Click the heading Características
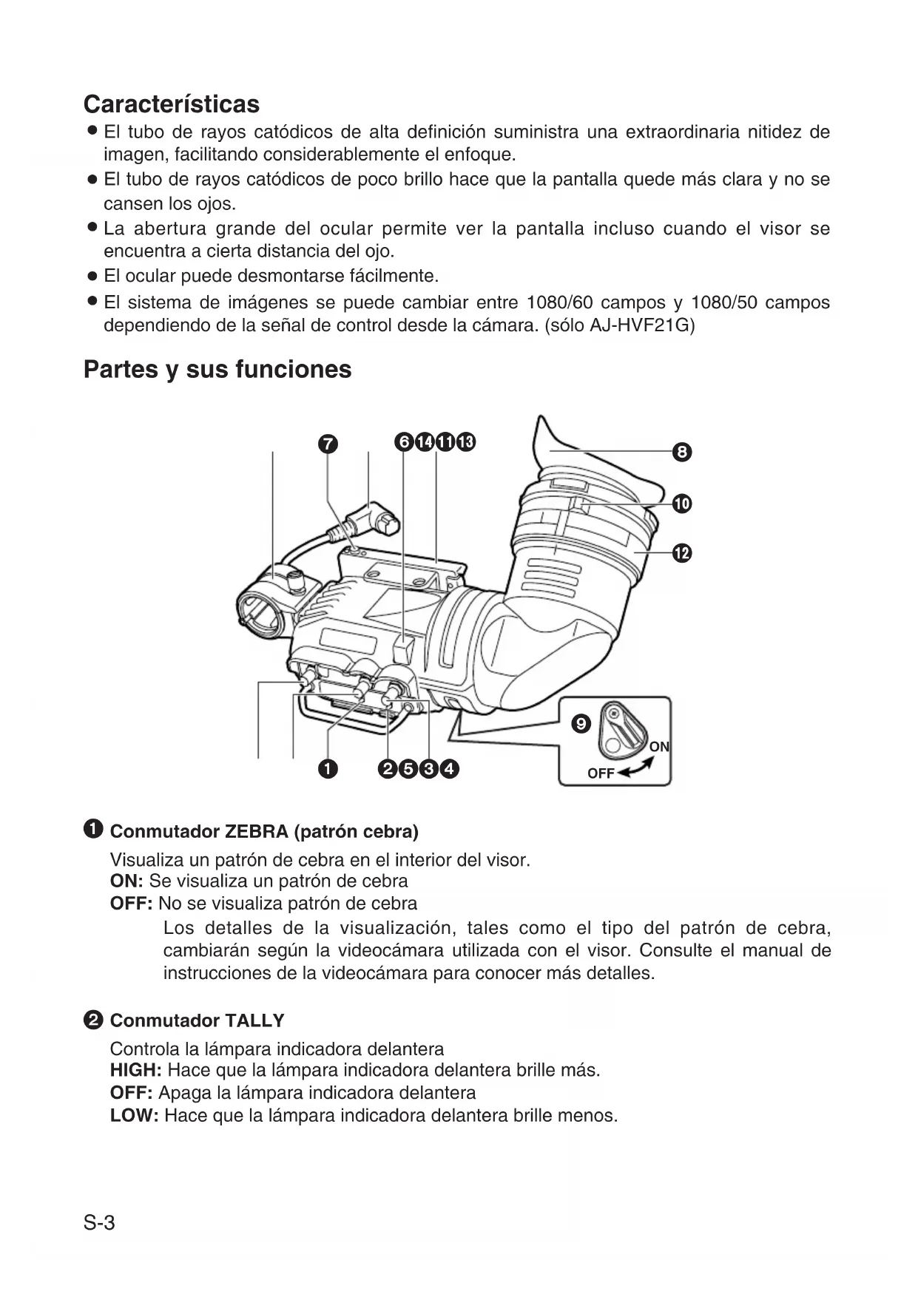pyautogui.click(x=172, y=104)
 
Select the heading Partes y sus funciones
pyautogui.click(x=217, y=369)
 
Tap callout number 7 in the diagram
pyautogui.click(x=328, y=444)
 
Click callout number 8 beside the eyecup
pyautogui.click(x=682, y=452)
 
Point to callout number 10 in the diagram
pyautogui.click(x=682, y=504)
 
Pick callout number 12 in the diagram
pyautogui.click(x=682, y=553)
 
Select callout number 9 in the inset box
pyautogui.click(x=582, y=724)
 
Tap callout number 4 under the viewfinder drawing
pyautogui.click(x=449, y=769)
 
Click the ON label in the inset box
pyautogui.click(x=658, y=747)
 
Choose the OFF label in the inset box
pyautogui.click(x=601, y=773)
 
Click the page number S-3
pyautogui.click(x=99, y=1223)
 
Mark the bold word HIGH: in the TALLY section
pyautogui.click(x=136, y=1070)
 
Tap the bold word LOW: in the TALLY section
pyautogui.click(x=135, y=1115)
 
